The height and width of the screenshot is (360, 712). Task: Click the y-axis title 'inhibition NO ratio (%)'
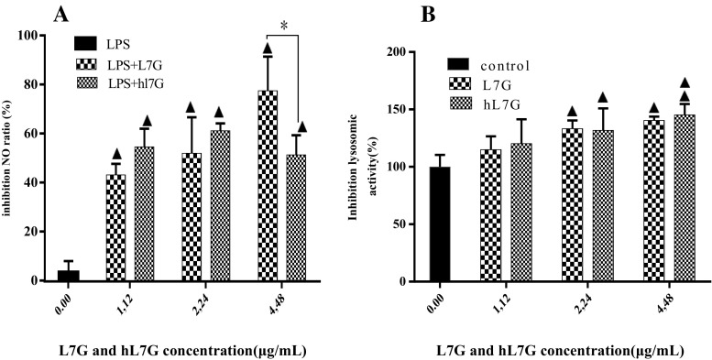(10, 158)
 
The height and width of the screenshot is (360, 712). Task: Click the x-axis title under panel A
(171, 350)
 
